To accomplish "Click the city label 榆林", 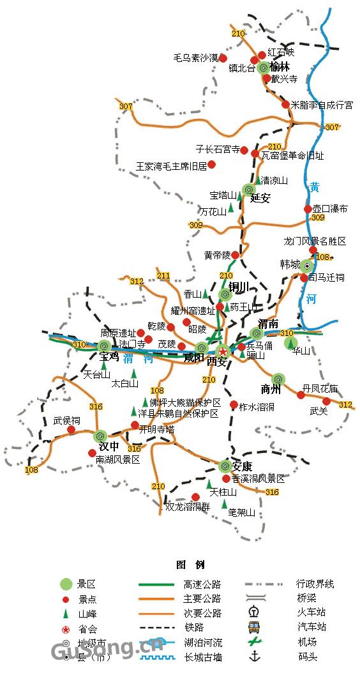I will pyautogui.click(x=280, y=67).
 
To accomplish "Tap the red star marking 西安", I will pyautogui.click(x=223, y=351).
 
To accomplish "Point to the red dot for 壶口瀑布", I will pyautogui.click(x=308, y=209).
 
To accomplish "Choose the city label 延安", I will pyautogui.click(x=260, y=198).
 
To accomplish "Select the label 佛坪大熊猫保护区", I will pyautogui.click(x=185, y=403).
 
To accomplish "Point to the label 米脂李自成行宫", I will pyautogui.click(x=321, y=105).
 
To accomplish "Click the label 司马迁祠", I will pyautogui.click(x=326, y=277).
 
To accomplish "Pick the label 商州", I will pyautogui.click(x=271, y=389).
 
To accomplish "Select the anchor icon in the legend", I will pyautogui.click(x=255, y=656).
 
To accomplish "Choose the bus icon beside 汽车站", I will pyautogui.click(x=254, y=627).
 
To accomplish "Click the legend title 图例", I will pyautogui.click(x=190, y=565).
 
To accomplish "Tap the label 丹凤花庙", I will pyautogui.click(x=320, y=388).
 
